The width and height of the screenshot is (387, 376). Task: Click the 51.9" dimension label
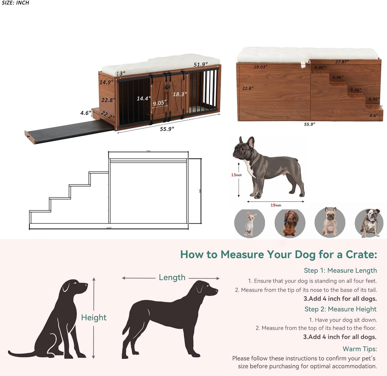pyautogui.click(x=201, y=65)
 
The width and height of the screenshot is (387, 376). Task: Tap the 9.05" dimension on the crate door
pyautogui.click(x=160, y=103)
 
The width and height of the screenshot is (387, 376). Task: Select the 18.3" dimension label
pyautogui.click(x=180, y=94)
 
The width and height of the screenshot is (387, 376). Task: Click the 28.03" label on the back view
pyautogui.click(x=260, y=67)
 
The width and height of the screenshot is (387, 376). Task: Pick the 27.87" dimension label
pyautogui.click(x=342, y=62)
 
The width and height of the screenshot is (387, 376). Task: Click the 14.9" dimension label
pyautogui.click(x=106, y=82)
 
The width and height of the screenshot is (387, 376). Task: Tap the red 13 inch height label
pyautogui.click(x=236, y=175)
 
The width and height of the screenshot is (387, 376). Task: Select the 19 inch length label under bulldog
pyautogui.click(x=276, y=205)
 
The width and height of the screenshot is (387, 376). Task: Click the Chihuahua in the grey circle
pyautogui.click(x=250, y=223)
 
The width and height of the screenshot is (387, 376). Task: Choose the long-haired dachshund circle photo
pyautogui.click(x=290, y=223)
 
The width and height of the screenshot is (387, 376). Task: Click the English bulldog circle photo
pyautogui.click(x=369, y=223)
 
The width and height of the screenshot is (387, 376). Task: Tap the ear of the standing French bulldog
pyautogui.click(x=251, y=142)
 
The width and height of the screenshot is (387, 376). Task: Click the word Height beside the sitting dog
pyautogui.click(x=94, y=317)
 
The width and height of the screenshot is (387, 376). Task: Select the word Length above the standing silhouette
pyautogui.click(x=172, y=277)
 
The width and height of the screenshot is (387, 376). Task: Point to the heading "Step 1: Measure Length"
pyautogui.click(x=340, y=270)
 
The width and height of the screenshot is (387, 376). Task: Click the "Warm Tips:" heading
pyautogui.click(x=359, y=349)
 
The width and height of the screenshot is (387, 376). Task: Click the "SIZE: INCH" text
pyautogui.click(x=15, y=3)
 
